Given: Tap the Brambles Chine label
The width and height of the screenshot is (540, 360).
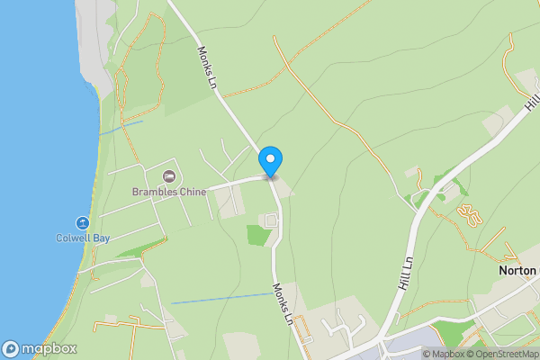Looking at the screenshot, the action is [169, 192].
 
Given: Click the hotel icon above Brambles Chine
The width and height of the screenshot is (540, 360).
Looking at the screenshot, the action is [168, 175].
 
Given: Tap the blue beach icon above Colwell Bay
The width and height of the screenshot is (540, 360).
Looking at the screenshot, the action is [82, 222].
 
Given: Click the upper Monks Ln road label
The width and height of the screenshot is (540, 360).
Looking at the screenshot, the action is [208, 67].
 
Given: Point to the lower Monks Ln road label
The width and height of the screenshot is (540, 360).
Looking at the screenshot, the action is [282, 303].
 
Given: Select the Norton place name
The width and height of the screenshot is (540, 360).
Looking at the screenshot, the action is [517, 269].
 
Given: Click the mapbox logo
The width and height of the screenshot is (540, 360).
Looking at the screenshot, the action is [40, 349].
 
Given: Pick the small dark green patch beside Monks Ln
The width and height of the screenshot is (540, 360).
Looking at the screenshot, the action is [258, 235].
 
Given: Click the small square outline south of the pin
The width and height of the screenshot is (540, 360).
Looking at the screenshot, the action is [270, 220].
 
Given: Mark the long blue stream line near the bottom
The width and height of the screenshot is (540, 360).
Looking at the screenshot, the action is [220, 298].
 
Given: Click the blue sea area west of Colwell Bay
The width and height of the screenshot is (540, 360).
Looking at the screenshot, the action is [31, 180].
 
